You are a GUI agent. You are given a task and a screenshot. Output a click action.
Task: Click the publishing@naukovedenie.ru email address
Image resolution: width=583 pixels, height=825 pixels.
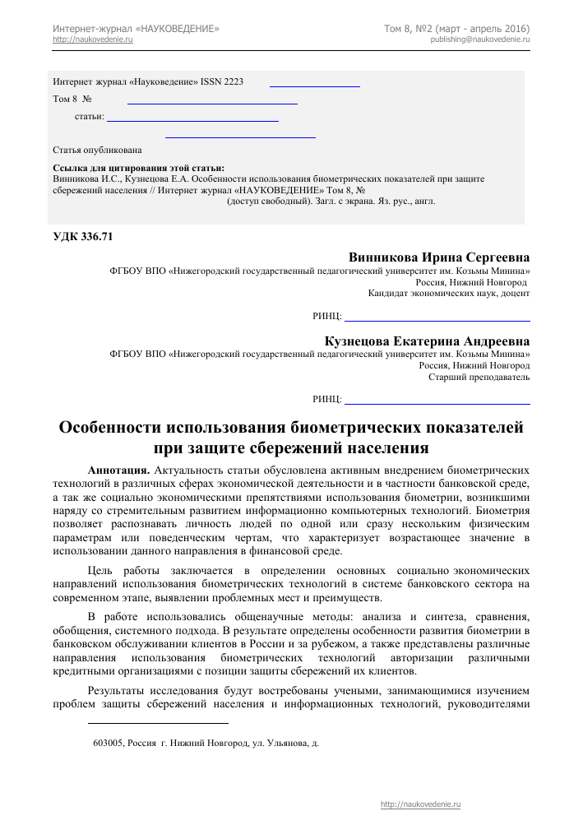tap(479, 39)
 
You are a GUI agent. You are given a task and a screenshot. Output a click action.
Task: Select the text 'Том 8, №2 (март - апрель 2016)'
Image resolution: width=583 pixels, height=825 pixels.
tap(456, 29)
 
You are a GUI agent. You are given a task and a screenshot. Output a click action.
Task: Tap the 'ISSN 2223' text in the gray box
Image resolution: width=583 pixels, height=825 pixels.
tap(223, 82)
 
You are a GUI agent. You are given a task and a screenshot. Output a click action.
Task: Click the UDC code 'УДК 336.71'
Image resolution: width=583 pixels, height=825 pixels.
tap(82, 237)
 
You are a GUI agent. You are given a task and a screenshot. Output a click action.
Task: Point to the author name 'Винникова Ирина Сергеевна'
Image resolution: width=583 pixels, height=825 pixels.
tap(439, 256)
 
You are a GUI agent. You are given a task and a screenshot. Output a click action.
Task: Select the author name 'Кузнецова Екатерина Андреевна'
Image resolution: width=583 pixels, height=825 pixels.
tap(428, 341)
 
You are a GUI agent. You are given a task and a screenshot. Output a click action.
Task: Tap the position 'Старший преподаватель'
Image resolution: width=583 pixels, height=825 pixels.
tap(479, 378)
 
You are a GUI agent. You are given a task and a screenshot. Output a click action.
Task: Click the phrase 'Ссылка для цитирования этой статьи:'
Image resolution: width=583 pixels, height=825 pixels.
tap(138, 168)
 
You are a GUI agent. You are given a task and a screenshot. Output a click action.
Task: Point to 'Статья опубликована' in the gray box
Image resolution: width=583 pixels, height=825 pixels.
tap(97, 151)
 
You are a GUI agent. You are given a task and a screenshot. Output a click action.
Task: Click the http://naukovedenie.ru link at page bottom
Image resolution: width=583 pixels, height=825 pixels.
tap(421, 804)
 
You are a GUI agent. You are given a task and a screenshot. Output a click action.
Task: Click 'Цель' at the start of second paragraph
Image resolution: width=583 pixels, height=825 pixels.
tap(99, 569)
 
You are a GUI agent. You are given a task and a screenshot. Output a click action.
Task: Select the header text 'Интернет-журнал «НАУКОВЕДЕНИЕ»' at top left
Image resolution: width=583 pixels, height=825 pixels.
tap(136, 29)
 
